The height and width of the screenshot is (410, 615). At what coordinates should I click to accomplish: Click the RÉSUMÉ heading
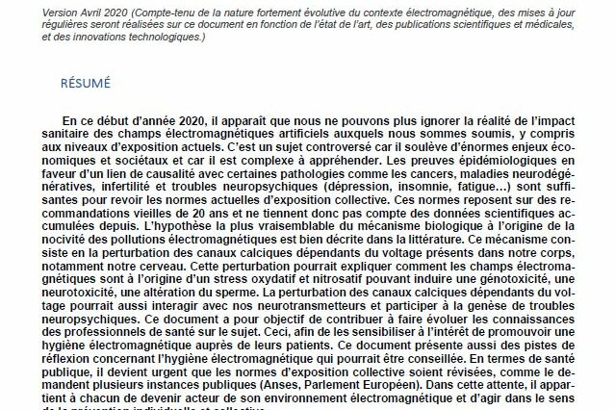tap(85, 83)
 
